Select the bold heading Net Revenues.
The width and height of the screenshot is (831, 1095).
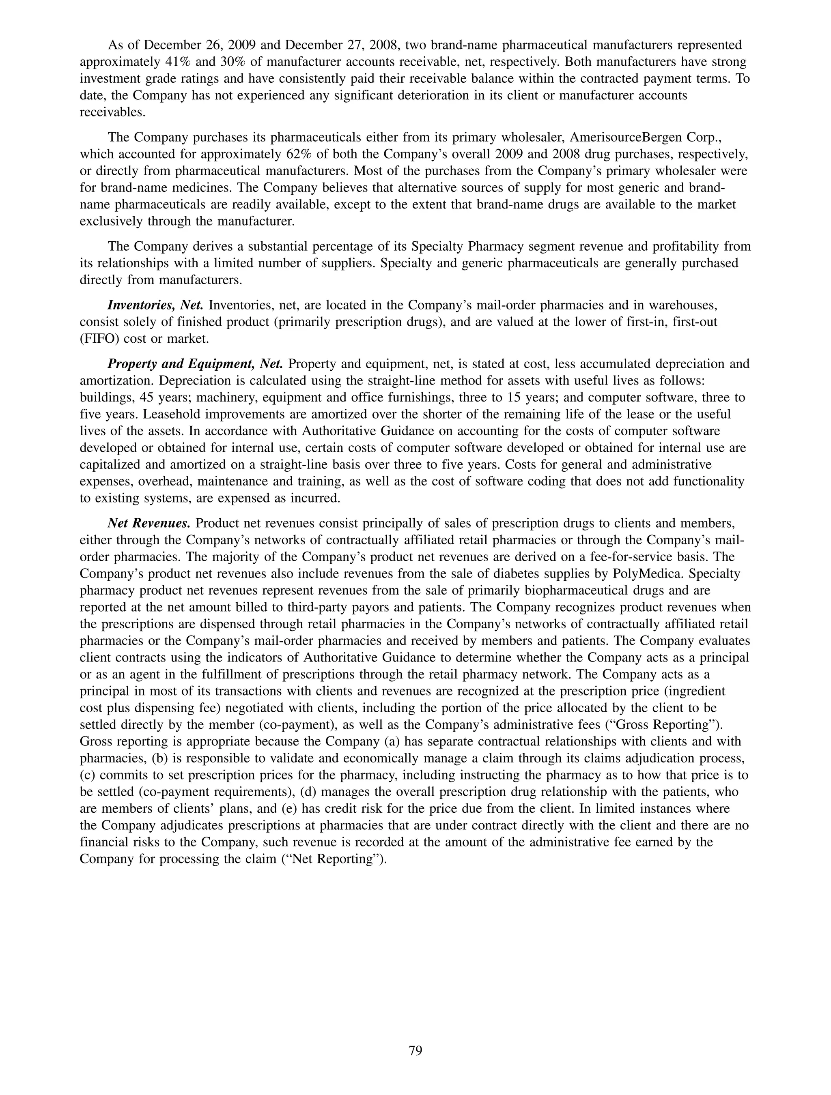[x=149, y=523]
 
